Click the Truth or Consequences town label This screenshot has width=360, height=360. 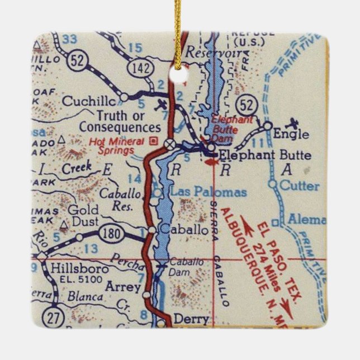coord(112,122)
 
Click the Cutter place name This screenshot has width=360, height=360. coord(301,186)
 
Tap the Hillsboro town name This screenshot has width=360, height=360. coord(72,269)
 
